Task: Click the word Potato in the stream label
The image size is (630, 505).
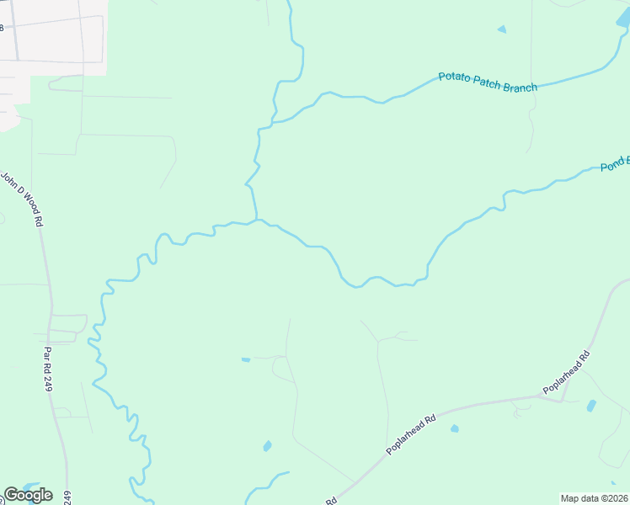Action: (x=455, y=77)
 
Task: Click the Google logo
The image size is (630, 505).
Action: (x=28, y=495)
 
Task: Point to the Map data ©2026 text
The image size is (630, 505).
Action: (x=595, y=498)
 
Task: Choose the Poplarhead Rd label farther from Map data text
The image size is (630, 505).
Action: (x=411, y=434)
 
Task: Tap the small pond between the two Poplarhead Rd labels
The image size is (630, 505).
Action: (x=455, y=428)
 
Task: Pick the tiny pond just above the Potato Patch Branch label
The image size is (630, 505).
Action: (x=502, y=29)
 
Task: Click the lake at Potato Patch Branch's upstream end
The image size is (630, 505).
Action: (x=623, y=19)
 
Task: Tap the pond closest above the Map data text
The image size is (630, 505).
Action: (x=590, y=406)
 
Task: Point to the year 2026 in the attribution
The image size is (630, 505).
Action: (x=615, y=498)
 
